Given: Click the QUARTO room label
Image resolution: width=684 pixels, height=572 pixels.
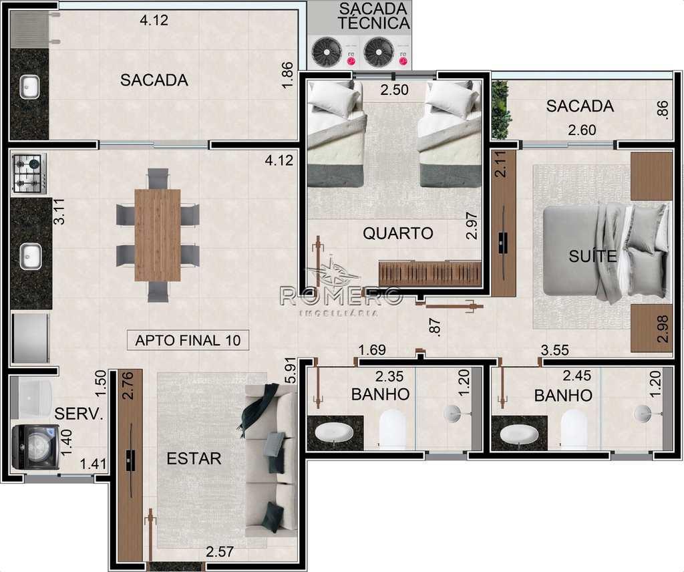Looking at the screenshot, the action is coord(398,233).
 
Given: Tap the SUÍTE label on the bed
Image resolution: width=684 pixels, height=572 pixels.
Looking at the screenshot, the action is coord(592,256).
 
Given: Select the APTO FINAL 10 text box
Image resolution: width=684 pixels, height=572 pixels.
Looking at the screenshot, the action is coord(188,340).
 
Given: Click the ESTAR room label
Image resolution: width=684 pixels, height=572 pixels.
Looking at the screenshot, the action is coord(194,458).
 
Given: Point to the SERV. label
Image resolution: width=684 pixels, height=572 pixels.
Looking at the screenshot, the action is coord(79,413).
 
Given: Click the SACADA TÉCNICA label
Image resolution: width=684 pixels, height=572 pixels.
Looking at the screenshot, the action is coord(374,16).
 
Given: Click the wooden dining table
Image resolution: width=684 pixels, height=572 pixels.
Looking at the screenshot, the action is coord(158,235).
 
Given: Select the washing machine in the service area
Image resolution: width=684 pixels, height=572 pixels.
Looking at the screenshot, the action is coord(35,447).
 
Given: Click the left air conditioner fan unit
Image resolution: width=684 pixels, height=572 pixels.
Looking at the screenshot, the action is coord(327,52).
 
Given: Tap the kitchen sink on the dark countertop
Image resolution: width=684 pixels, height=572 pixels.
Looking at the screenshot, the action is coord(31,257).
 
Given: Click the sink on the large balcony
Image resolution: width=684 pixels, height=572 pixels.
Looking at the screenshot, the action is coord(29,88).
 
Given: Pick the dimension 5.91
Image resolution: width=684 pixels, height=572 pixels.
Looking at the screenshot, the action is coord(290,373).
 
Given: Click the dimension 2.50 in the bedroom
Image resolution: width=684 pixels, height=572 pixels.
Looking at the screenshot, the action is coord(394,90).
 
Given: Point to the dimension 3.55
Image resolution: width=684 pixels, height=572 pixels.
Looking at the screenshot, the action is coord(555,350).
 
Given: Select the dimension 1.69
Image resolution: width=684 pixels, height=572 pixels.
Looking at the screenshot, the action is coord(372,350).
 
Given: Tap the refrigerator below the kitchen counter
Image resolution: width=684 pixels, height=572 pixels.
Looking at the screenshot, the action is coord(31,338).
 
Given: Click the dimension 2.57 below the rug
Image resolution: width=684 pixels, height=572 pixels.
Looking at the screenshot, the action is coord(219,552).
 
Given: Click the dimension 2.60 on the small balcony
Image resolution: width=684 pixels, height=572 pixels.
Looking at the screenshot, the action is coord(582,130).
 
